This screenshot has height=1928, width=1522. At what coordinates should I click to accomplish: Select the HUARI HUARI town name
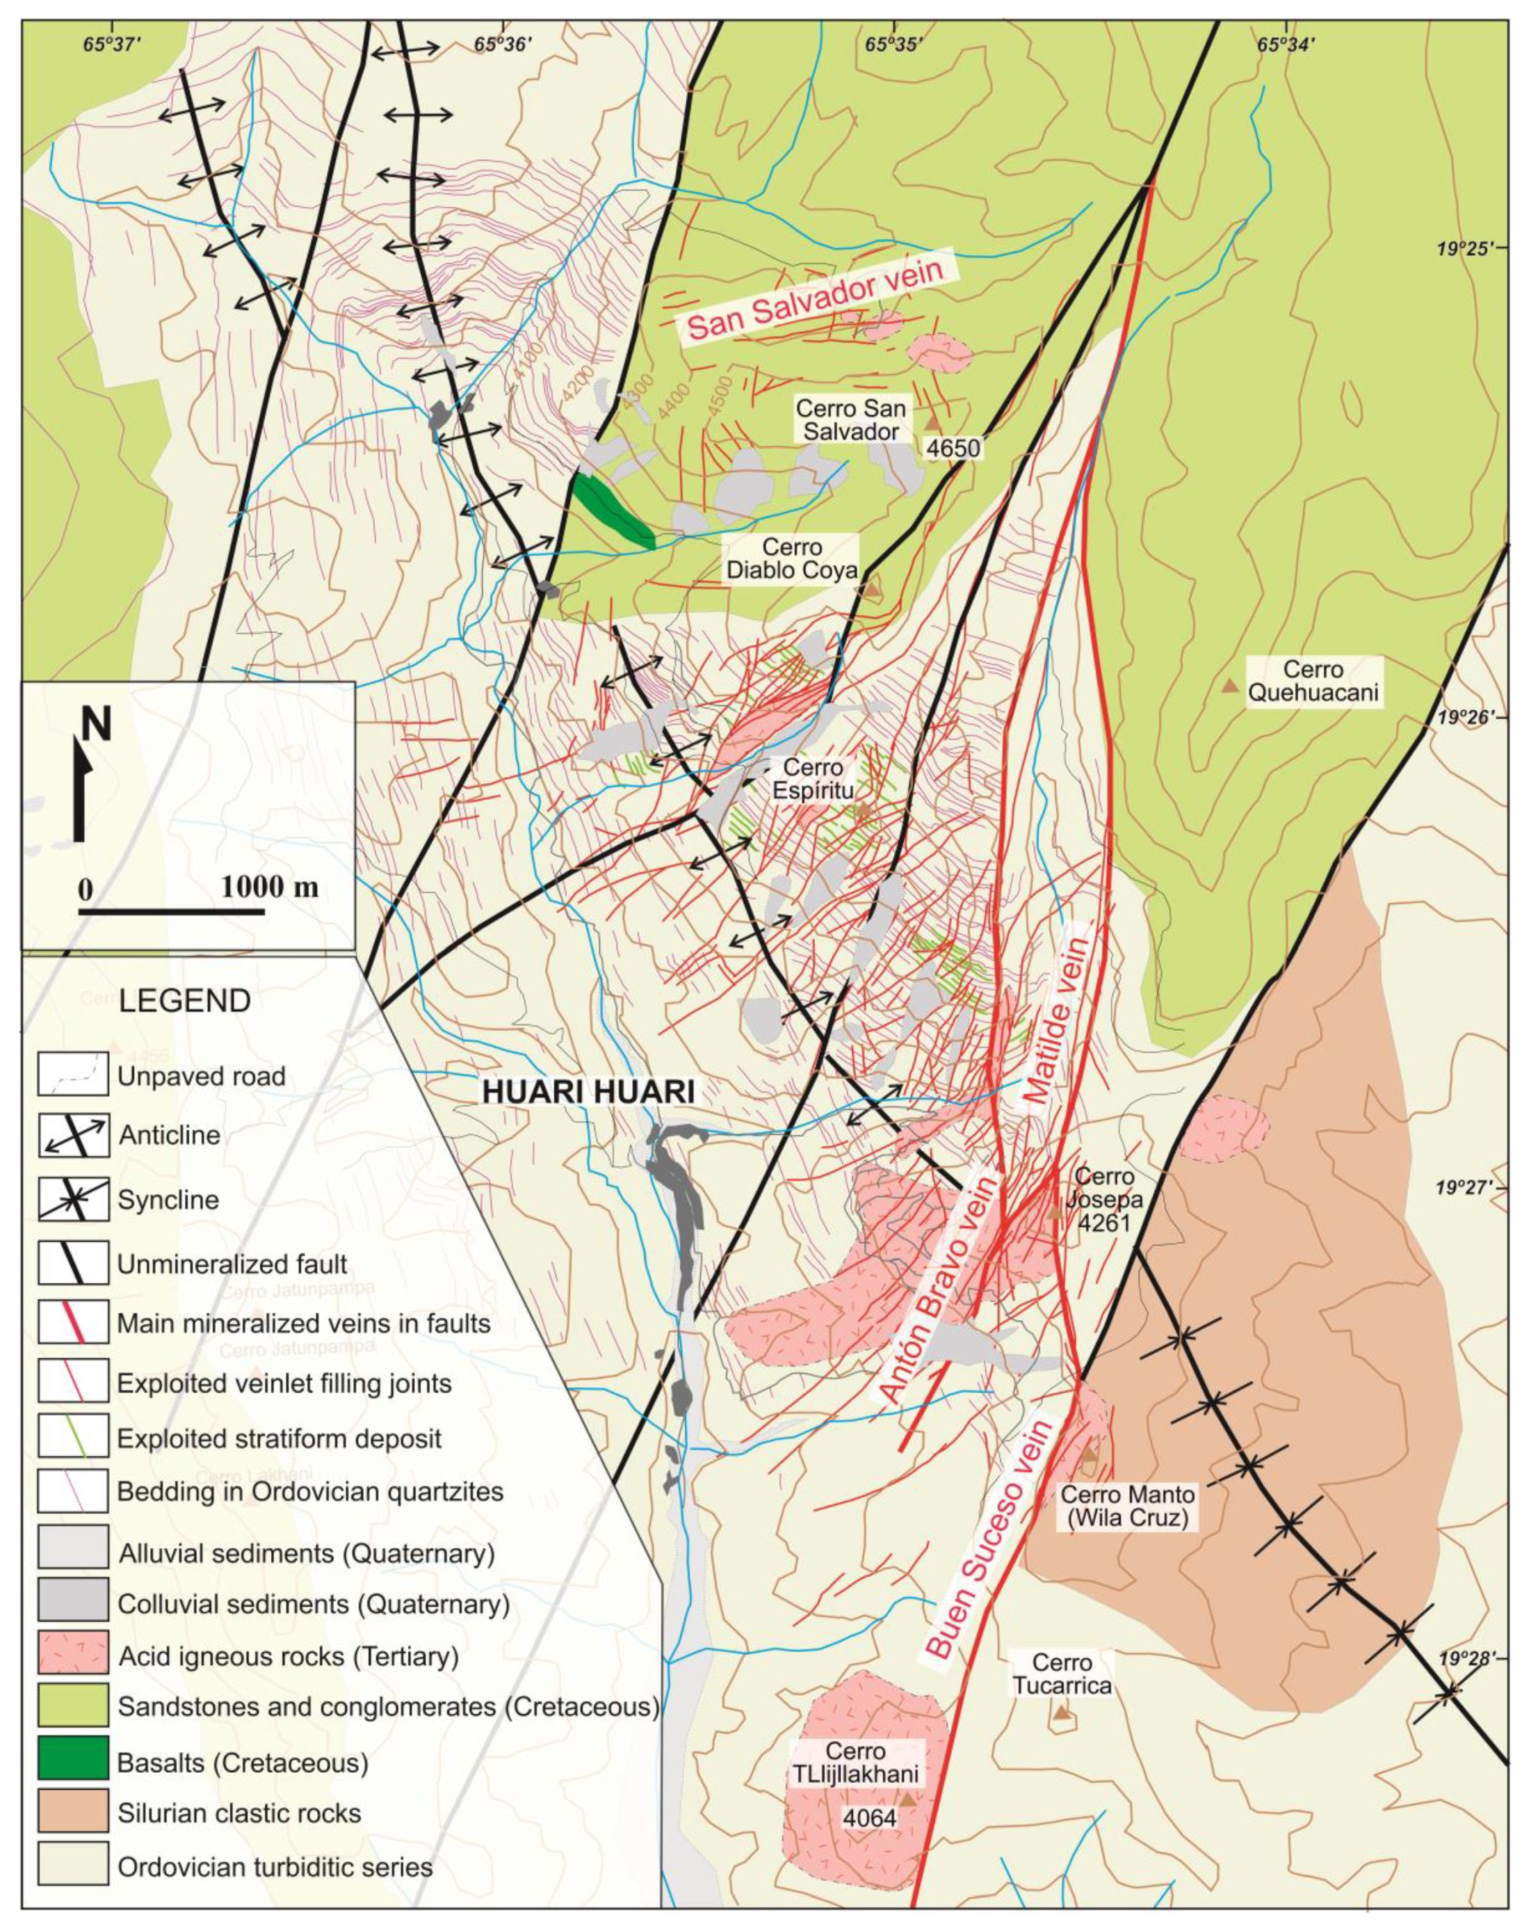[589, 1094]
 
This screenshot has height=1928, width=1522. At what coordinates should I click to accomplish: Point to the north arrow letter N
[96, 725]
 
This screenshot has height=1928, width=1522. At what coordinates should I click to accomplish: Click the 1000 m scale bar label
[269, 887]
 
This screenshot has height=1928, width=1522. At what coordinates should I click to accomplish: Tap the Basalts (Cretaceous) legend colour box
[72, 1762]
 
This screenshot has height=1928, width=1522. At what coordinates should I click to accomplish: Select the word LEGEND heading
[184, 1001]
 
